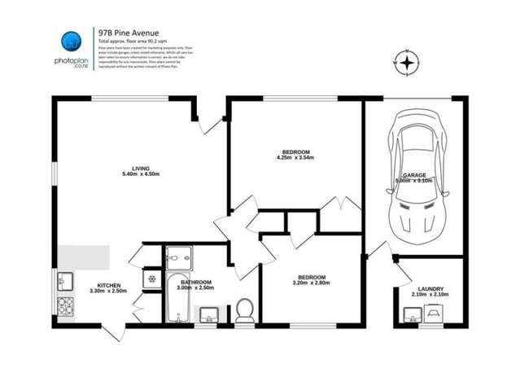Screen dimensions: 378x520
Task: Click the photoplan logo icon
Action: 71,41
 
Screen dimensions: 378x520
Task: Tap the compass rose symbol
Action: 408,61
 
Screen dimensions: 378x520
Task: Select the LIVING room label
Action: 140,168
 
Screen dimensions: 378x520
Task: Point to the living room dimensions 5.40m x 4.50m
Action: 140,174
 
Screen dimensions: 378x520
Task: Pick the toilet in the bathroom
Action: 244,310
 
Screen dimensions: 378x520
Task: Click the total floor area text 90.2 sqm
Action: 143,40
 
